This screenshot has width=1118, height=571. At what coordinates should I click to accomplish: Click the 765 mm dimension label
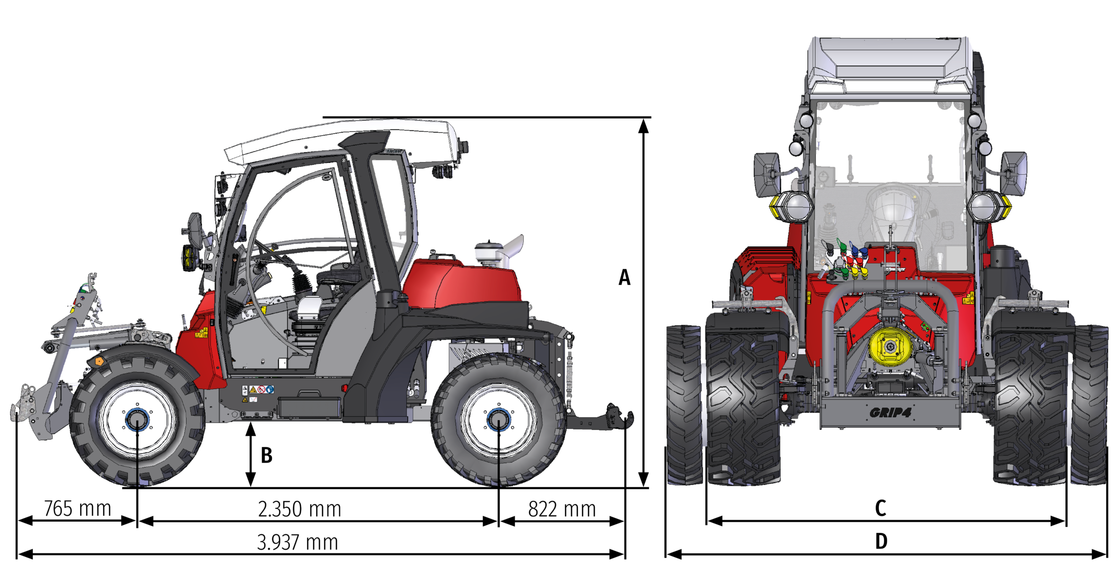[78, 509]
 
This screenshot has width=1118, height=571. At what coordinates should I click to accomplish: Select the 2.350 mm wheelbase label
[299, 509]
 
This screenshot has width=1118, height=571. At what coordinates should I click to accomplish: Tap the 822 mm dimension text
[562, 509]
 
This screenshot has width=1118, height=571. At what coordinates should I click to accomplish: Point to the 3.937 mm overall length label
[297, 542]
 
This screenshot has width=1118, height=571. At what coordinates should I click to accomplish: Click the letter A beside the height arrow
[624, 277]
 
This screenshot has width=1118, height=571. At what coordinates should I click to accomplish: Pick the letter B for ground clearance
[267, 455]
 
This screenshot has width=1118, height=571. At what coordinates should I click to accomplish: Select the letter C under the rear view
[880, 508]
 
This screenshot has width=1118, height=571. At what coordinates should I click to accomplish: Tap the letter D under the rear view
[881, 541]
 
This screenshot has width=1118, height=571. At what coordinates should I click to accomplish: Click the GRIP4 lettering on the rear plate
[890, 413]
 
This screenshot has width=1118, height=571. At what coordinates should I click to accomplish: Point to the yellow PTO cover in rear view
[890, 346]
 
